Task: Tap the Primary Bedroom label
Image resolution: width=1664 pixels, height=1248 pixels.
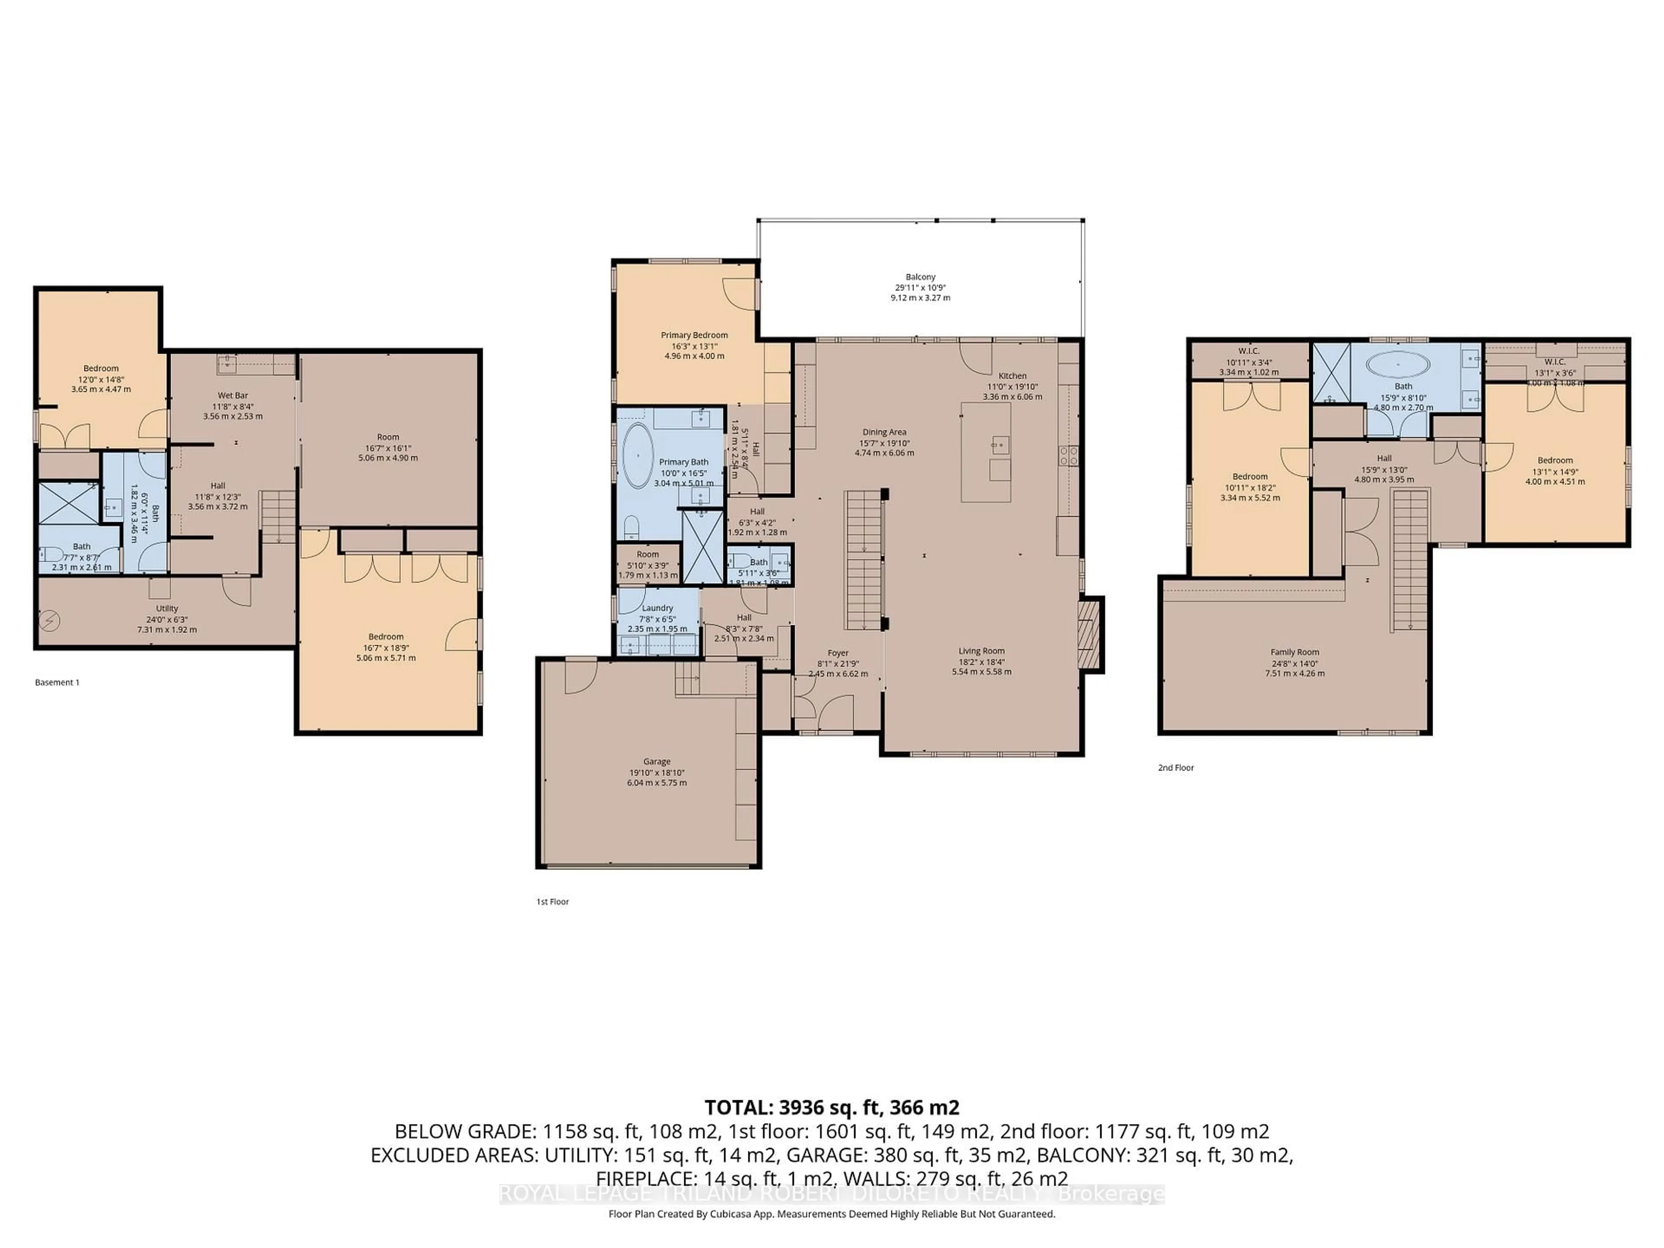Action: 694,335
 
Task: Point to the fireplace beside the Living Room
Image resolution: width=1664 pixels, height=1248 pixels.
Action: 1089,634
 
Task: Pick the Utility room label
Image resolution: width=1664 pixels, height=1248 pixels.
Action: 167,608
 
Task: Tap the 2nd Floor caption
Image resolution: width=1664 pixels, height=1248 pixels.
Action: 1176,768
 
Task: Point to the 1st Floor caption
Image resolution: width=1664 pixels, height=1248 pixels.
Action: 552,902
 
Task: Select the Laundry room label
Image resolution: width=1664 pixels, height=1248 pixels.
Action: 657,608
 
